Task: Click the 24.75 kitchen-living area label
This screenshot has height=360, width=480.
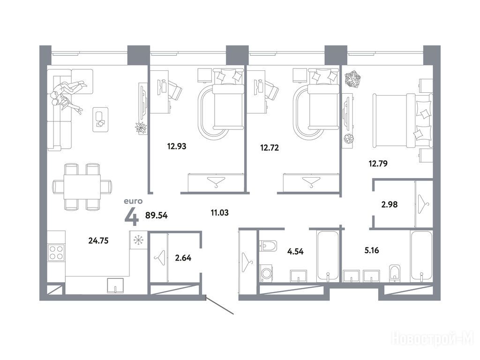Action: click(x=98, y=240)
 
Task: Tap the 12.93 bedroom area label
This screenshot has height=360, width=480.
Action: click(x=177, y=146)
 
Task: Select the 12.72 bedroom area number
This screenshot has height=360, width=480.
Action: click(x=270, y=148)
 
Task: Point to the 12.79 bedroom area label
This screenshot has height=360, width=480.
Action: click(x=378, y=164)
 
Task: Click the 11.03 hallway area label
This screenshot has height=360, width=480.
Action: click(x=219, y=212)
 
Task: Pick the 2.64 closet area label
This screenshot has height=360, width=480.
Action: click(x=183, y=258)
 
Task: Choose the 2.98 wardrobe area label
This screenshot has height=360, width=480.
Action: click(x=390, y=204)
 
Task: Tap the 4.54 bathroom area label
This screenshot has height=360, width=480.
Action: click(x=295, y=252)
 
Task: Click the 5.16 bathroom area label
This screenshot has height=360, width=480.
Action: click(x=372, y=250)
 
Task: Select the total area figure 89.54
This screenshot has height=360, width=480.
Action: click(x=157, y=215)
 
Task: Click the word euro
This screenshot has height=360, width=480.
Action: click(x=133, y=201)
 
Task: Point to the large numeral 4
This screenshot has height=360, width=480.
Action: click(x=132, y=217)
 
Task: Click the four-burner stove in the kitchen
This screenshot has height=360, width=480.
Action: click(x=56, y=252)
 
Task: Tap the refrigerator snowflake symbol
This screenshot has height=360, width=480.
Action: click(x=138, y=240)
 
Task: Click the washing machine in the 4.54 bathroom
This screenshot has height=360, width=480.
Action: click(x=266, y=273)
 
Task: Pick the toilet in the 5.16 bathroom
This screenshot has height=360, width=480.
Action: click(x=395, y=273)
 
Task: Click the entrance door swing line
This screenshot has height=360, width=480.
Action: click(x=219, y=305)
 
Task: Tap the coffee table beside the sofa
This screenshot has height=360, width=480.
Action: click(x=101, y=120)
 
